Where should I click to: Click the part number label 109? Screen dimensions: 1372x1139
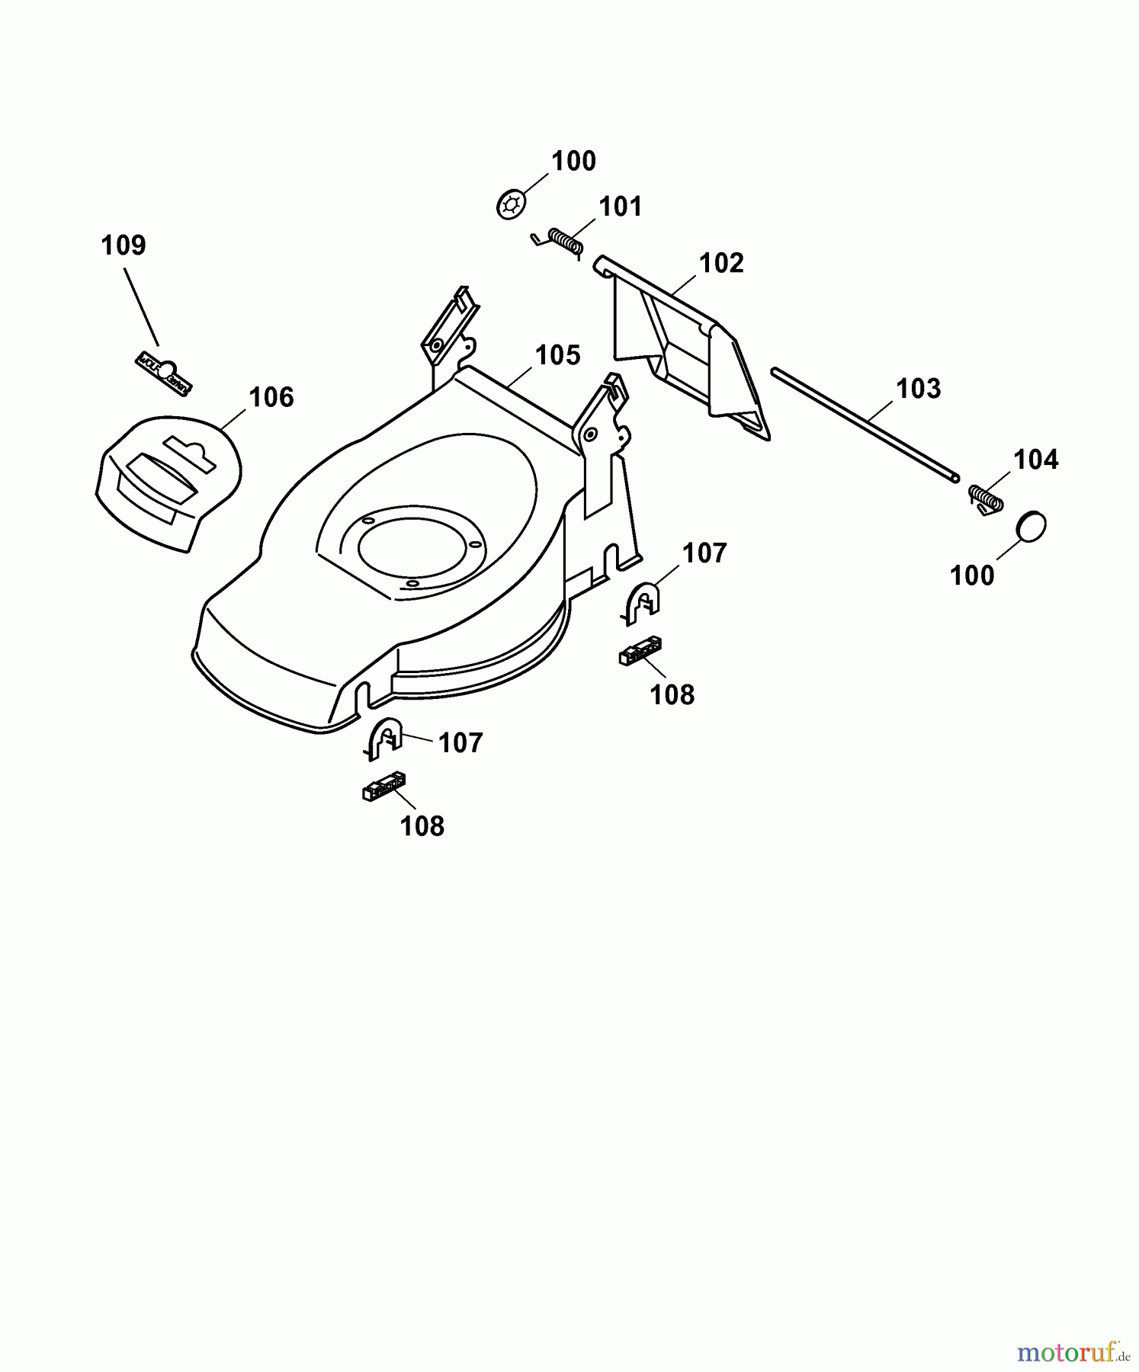point(124,245)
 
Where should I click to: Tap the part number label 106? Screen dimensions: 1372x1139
point(271,397)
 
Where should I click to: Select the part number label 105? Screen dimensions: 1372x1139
point(557,355)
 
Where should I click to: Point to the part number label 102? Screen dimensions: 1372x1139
point(720,263)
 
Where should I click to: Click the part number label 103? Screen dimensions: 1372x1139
point(918,389)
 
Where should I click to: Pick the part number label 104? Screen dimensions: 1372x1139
point(1035,460)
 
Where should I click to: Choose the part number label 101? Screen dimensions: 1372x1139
point(620,207)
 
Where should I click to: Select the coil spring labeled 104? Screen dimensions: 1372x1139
point(986,499)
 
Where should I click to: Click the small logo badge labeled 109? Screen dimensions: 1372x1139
point(164,373)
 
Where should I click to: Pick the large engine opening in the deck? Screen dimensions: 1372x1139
point(409,548)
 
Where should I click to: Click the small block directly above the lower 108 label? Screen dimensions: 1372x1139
point(383,787)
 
